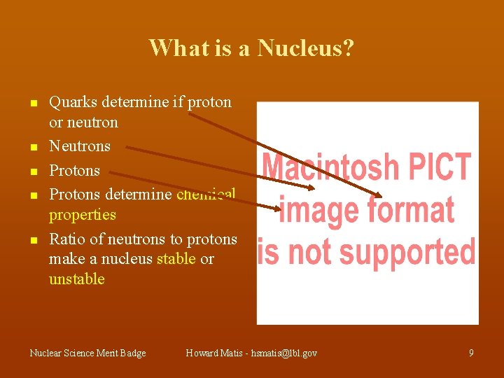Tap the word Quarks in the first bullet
(73, 102)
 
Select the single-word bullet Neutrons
(80, 146)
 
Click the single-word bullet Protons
(74, 170)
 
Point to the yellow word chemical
(206, 194)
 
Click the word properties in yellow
(82, 214)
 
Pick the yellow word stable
(176, 259)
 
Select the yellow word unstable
(76, 279)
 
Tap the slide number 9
(471, 353)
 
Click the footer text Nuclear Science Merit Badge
(87, 353)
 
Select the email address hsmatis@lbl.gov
(283, 353)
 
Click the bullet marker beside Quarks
(32, 103)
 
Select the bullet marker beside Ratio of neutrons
(32, 240)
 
